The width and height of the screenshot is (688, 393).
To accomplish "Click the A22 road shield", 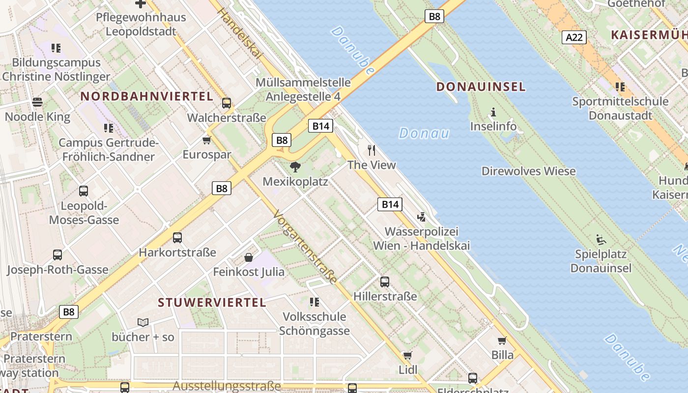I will [x=574, y=37].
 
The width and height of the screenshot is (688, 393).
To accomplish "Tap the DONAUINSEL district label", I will [x=481, y=87].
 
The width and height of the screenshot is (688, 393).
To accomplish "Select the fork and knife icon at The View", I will [x=372, y=150].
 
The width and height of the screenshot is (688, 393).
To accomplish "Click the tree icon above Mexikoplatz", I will [x=295, y=167].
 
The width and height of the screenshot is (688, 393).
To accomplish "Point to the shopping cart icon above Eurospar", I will [x=206, y=140].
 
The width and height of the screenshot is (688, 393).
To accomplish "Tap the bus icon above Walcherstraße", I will [x=226, y=103].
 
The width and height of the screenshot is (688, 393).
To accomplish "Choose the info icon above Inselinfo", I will [x=493, y=112].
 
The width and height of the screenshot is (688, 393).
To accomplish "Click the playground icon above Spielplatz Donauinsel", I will [x=601, y=240].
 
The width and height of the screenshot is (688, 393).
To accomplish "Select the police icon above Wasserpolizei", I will [x=421, y=217].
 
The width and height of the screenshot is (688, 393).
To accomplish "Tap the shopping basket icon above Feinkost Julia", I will [x=249, y=257].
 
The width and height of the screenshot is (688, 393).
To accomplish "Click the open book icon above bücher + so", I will [x=143, y=322].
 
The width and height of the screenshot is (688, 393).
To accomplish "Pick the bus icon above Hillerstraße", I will [x=385, y=282].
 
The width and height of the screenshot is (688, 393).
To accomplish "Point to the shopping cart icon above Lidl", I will [x=407, y=355].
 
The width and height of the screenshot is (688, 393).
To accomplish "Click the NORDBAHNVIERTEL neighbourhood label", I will [x=147, y=96].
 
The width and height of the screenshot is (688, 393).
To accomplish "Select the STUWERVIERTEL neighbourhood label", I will [x=212, y=302].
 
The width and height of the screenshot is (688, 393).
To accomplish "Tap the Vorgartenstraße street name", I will [x=305, y=247].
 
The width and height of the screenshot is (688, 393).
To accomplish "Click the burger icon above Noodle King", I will [x=37, y=102].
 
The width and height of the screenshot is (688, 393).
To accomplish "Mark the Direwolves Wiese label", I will [x=528, y=171].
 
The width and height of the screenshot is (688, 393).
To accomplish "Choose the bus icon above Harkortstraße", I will [x=177, y=238].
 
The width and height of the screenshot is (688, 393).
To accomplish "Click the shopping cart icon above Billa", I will [x=502, y=340].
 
